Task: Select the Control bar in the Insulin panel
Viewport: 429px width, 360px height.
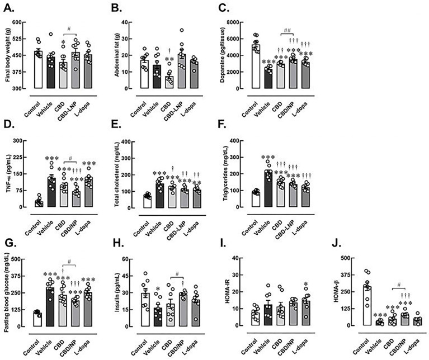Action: pos(145,309)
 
